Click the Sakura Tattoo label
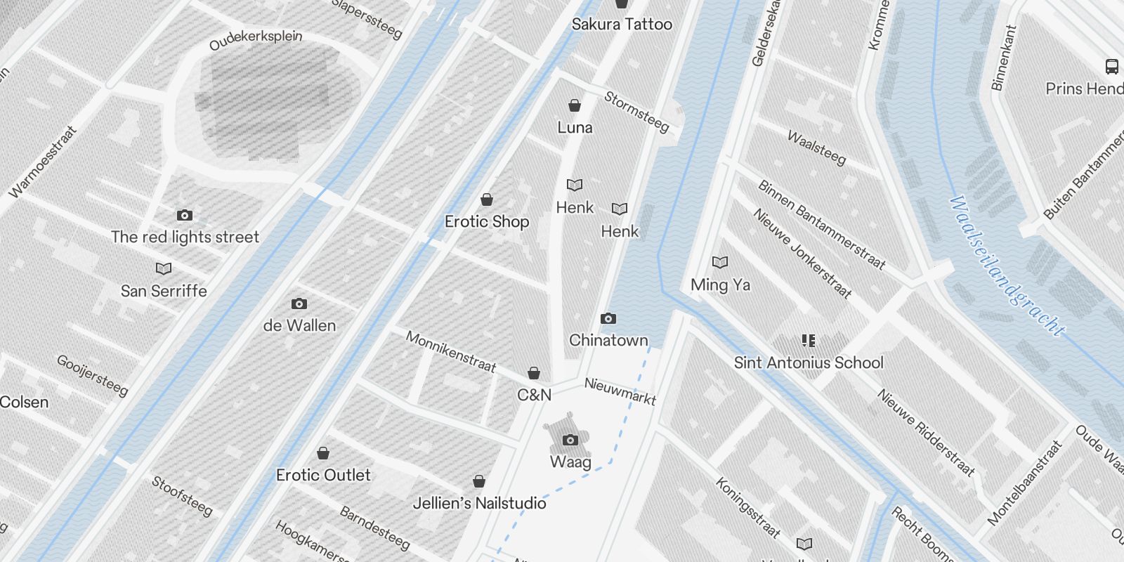pyautogui.click(x=621, y=25)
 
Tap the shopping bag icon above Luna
pyautogui.click(x=575, y=106)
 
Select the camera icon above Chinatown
pyautogui.click(x=608, y=319)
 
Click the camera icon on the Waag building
pyautogui.click(x=570, y=440)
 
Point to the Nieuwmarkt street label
pyautogui.click(x=620, y=392)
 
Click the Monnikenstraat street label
pyautogui.click(x=451, y=352)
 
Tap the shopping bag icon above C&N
pyautogui.click(x=534, y=373)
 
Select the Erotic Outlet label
pyautogui.click(x=323, y=475)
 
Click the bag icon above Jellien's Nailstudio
pyautogui.click(x=479, y=482)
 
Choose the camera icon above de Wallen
pyautogui.click(x=299, y=304)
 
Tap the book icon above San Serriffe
pyautogui.click(x=164, y=268)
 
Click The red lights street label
pyautogui.click(x=185, y=237)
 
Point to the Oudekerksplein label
pyautogui.click(x=256, y=39)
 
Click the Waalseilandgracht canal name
pyautogui.click(x=1006, y=265)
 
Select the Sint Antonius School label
pyautogui.click(x=809, y=362)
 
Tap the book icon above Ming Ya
pyautogui.click(x=720, y=262)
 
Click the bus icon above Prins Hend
pyautogui.click(x=1111, y=67)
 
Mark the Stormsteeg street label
pyautogui.click(x=636, y=112)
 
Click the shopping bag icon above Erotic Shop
pyautogui.click(x=486, y=200)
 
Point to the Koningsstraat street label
pyautogui.click(x=747, y=507)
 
